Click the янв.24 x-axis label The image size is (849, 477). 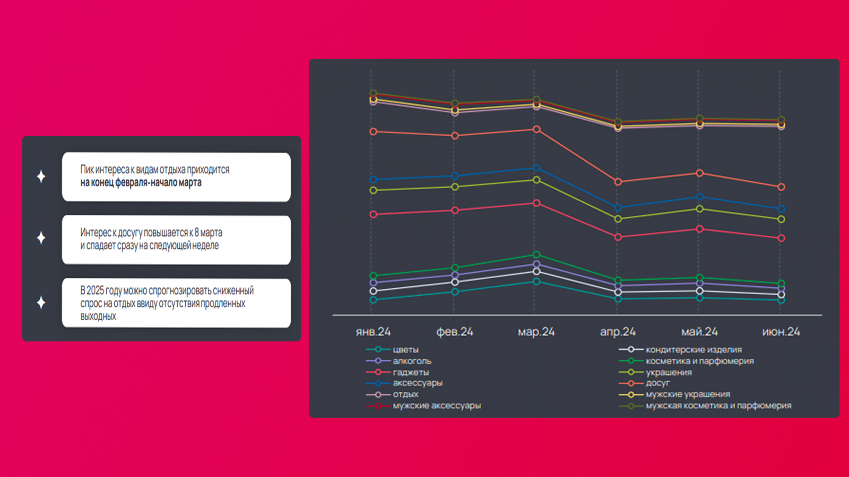tap(373, 332)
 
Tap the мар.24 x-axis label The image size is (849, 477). tap(536, 332)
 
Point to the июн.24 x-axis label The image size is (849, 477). tap(781, 332)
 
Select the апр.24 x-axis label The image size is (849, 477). tap(618, 332)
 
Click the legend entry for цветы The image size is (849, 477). tap(405, 350)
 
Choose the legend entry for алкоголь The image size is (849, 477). tap(412, 361)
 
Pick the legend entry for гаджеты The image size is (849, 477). tap(411, 372)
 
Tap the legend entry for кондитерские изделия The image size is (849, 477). tap(694, 350)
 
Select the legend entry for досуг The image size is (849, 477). tap(657, 383)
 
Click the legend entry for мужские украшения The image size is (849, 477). tap(688, 394)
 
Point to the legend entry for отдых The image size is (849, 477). tap(405, 394)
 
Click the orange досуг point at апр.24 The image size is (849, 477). tap(618, 182)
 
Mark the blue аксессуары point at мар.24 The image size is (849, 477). tap(536, 168)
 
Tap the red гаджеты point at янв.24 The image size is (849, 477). tap(374, 215)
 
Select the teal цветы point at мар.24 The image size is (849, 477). tap(536, 281)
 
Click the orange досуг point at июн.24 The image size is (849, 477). tap(781, 187)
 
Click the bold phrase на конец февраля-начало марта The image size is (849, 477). tap(141, 183)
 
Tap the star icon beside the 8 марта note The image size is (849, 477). tap(41, 238)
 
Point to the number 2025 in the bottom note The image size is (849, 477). tap(95, 290)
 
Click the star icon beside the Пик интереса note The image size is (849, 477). tap(41, 176)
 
